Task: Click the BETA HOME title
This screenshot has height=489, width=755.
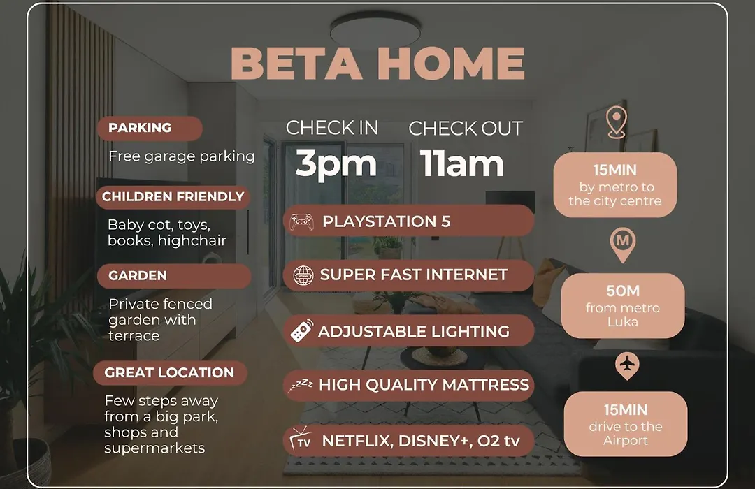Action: [377, 63]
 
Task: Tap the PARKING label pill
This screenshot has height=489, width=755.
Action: [150, 128]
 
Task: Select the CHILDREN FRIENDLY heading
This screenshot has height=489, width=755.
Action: [173, 197]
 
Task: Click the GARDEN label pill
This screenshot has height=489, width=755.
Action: [174, 276]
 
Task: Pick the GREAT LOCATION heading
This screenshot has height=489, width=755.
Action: [170, 372]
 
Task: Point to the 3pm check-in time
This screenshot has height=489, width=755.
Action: [336, 163]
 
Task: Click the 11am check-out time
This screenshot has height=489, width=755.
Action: [462, 163]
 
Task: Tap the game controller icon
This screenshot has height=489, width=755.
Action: [301, 221]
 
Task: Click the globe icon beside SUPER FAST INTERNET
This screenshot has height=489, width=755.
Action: [303, 276]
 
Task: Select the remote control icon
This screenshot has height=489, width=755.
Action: [301, 330]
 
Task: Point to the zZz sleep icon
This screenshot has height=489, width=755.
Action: [301, 385]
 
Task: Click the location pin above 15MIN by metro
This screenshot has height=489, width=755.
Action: [617, 123]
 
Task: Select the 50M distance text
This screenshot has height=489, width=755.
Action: [623, 291]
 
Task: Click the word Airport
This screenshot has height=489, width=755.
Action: [626, 440]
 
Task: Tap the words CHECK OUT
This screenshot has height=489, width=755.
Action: [466, 129]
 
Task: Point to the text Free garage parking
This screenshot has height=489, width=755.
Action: [182, 156]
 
